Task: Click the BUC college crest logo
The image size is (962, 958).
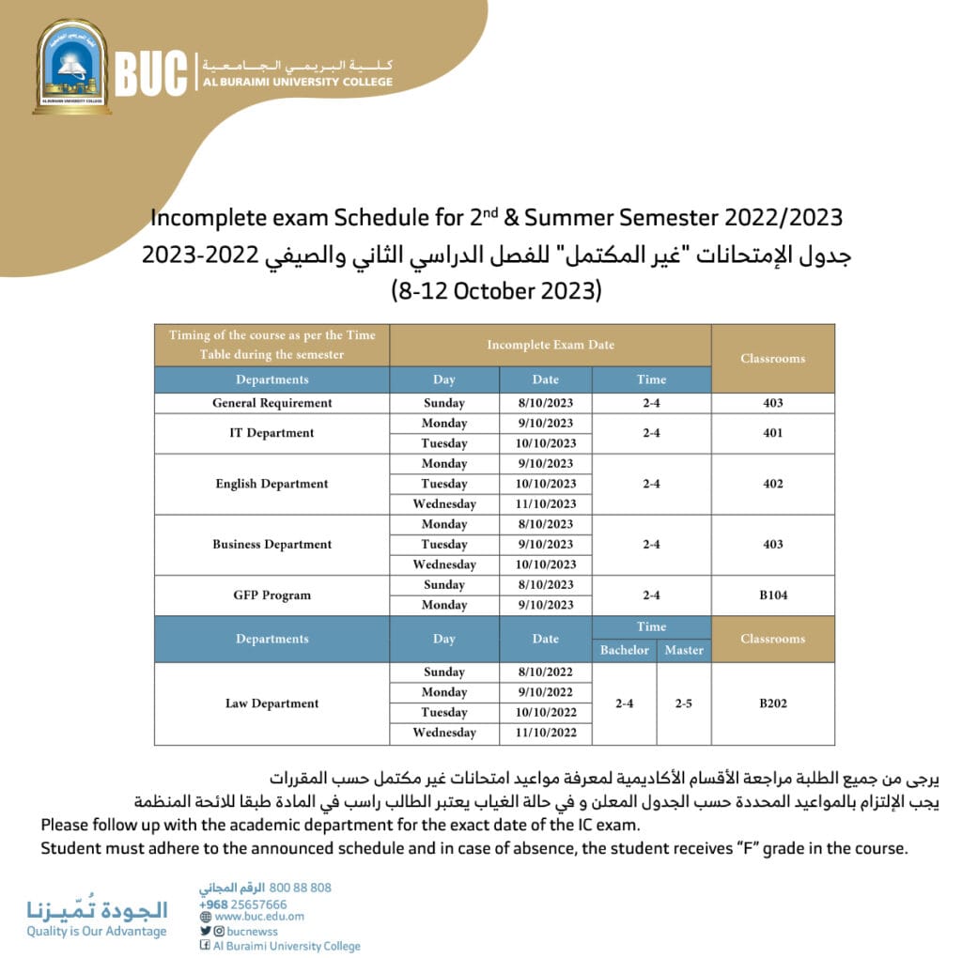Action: pos(71,67)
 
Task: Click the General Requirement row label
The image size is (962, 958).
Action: pos(272,403)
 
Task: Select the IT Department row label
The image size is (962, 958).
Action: pos(272,433)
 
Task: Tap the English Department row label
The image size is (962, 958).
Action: pos(272,484)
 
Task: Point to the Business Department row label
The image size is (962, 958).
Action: pos(272,544)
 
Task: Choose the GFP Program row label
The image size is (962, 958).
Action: pos(272,595)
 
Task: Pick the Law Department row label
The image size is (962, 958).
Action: pos(272,703)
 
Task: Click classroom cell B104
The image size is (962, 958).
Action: pos(772,595)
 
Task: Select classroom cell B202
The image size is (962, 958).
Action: pos(772,703)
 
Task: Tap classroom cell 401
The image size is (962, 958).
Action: pos(772,433)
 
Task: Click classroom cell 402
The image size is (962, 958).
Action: pos(772,484)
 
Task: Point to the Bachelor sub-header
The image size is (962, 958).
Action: pos(625,650)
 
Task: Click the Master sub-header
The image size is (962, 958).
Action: pos(683,650)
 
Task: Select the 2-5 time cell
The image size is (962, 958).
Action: pos(683,703)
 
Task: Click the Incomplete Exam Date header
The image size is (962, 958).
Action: pos(551,345)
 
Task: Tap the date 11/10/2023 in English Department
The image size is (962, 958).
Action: pos(545,504)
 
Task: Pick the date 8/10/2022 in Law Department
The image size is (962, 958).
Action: pos(545,672)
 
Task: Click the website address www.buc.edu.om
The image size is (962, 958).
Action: pos(259,917)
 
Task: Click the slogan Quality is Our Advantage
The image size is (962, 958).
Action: pos(96,932)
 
